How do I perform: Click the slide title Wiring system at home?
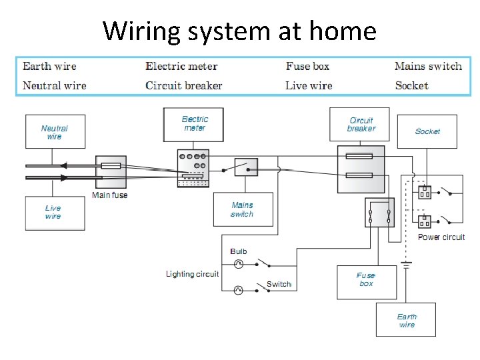pyautogui.click(x=239, y=31)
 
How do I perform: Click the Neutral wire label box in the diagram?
pyautogui.click(x=55, y=132)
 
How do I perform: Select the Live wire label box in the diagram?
pyautogui.click(x=55, y=213)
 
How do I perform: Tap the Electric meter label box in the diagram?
pyautogui.click(x=194, y=124)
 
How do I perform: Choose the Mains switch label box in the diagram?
pyautogui.click(x=242, y=209)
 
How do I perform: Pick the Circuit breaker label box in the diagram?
pyautogui.click(x=361, y=125)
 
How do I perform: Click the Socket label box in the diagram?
pyautogui.click(x=427, y=131)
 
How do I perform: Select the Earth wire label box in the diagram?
pyautogui.click(x=406, y=321)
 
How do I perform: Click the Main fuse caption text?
pyautogui.click(x=109, y=195)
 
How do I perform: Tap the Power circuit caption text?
pyautogui.click(x=441, y=237)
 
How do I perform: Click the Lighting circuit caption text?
pyautogui.click(x=192, y=274)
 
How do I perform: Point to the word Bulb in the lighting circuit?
pyautogui.click(x=239, y=251)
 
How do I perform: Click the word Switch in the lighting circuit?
pyautogui.click(x=279, y=285)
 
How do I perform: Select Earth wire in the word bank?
pyautogui.click(x=49, y=66)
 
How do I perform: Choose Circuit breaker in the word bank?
pyautogui.click(x=183, y=85)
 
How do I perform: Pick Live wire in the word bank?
pyautogui.click(x=309, y=85)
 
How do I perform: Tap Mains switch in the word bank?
pyautogui.click(x=428, y=66)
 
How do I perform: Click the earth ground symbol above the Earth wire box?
pyautogui.click(x=405, y=265)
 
